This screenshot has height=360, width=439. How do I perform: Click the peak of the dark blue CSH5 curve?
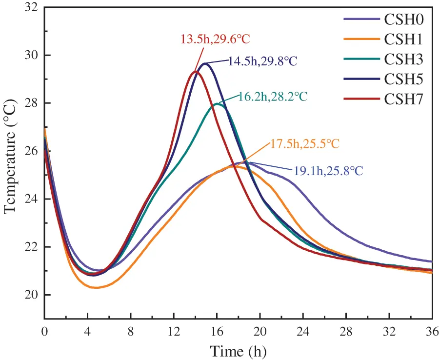tap(205, 63)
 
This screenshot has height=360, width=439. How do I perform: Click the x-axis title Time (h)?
tap(238, 350)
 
